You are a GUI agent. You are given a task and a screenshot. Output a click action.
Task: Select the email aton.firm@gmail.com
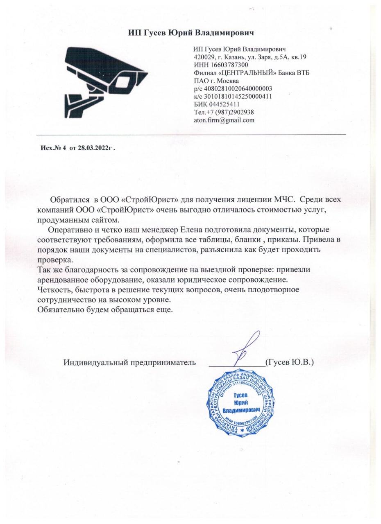pos(224,120)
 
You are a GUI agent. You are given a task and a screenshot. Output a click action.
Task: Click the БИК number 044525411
pos(226,104)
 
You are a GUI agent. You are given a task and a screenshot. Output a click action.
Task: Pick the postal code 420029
pos(204,57)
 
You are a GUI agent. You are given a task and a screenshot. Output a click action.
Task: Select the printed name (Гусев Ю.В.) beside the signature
pos(289,362)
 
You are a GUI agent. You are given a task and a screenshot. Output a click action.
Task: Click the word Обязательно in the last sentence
pos(58,309)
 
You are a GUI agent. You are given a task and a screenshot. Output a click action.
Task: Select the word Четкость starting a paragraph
pos(52,290)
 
